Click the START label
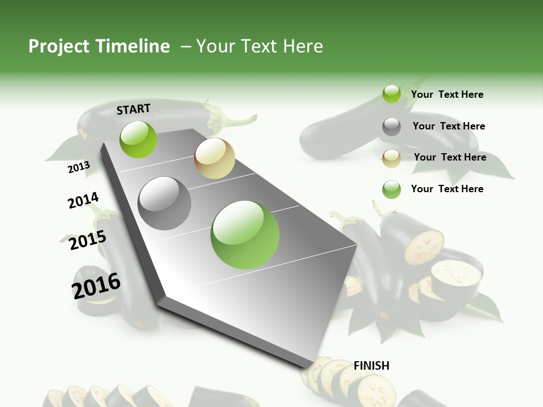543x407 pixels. [133, 109]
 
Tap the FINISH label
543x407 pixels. [371, 366]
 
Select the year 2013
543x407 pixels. [79, 167]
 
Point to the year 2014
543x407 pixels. [83, 201]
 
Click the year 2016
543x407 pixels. [96, 285]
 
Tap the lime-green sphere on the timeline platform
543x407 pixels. [138, 139]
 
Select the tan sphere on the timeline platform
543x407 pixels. [214, 158]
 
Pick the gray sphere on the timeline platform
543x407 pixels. [165, 203]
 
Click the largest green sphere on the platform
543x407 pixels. [245, 235]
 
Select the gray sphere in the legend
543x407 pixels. [391, 127]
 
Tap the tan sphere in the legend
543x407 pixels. [391, 158]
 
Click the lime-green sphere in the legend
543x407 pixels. [391, 94]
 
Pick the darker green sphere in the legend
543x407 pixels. [391, 189]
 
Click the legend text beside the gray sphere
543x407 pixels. [449, 126]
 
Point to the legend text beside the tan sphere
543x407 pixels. [450, 157]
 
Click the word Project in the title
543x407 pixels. [59, 46]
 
